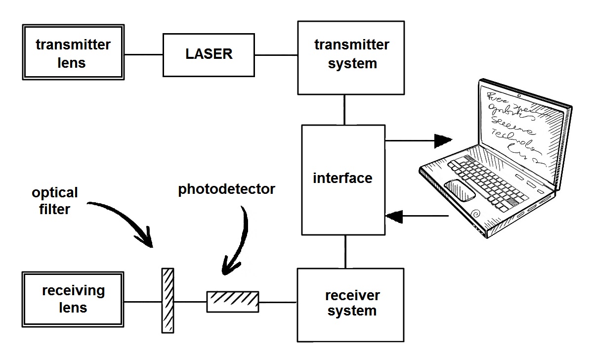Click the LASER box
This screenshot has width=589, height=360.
tap(209, 54)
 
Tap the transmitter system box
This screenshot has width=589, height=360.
tap(351, 57)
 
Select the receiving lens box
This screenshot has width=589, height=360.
tap(73, 300)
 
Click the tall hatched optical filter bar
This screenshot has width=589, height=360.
tap(168, 300)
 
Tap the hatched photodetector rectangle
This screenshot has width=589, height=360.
tap(232, 301)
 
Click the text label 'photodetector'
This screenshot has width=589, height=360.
tap(226, 189)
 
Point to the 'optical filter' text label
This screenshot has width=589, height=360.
tap(54, 201)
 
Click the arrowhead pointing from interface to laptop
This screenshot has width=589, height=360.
tap(443, 141)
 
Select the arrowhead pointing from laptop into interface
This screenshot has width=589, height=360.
tap(394, 216)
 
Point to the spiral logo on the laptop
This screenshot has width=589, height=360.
tap(477, 215)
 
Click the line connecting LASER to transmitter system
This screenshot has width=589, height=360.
tap(276, 55)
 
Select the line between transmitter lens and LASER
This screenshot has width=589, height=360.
tap(144, 55)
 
